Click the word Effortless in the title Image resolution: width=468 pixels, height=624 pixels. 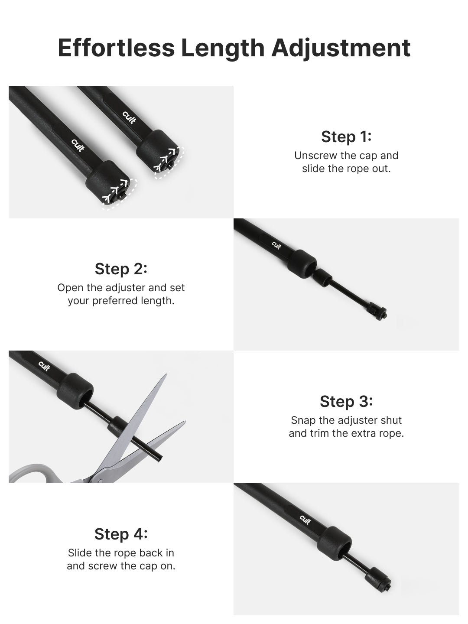[x=116, y=48]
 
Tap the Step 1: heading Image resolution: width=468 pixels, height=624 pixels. [x=346, y=137]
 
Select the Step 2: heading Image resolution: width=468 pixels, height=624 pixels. [x=121, y=269]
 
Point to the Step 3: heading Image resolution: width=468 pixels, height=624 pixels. [x=346, y=401]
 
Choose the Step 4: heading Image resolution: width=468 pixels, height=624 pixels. [x=121, y=533]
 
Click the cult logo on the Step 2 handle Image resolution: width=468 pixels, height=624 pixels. [x=276, y=245]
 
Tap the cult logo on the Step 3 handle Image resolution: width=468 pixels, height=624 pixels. [x=44, y=366]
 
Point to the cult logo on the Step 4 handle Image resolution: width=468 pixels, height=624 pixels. [x=305, y=520]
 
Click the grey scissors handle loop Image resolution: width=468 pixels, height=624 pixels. [x=29, y=473]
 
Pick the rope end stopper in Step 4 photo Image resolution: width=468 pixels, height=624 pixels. [x=378, y=580]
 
